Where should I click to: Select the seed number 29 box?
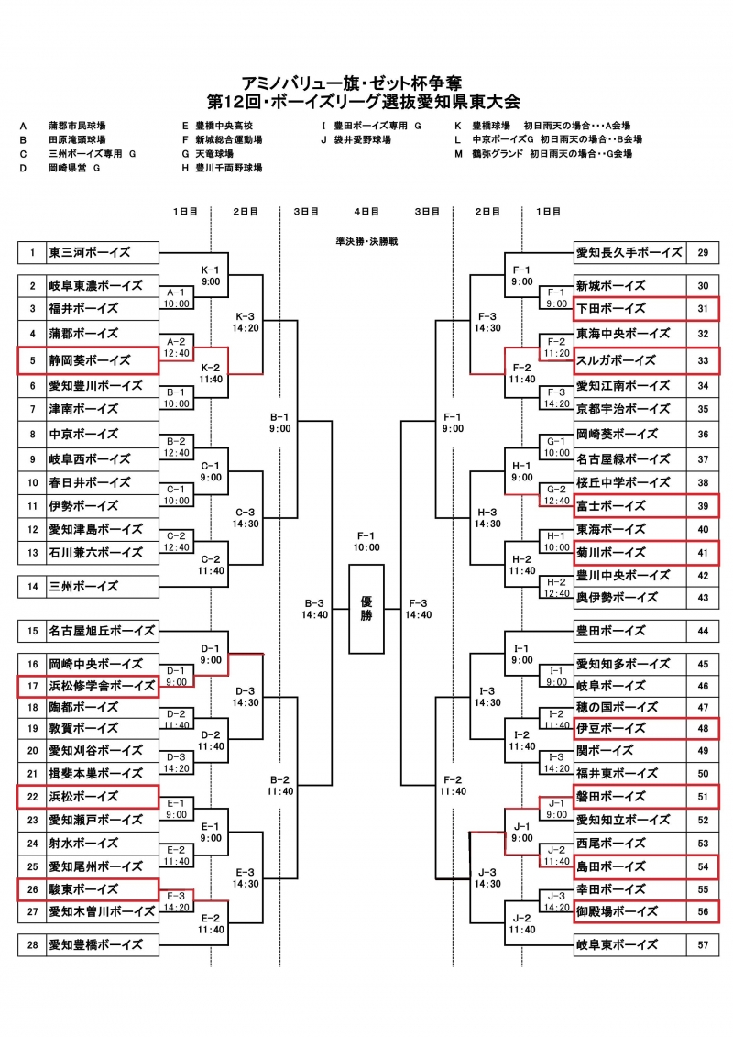point(703,252)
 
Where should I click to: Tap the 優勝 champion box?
point(366,608)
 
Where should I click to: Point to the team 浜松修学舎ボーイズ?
point(102,685)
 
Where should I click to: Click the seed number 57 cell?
point(703,943)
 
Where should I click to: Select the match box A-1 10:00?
point(177,297)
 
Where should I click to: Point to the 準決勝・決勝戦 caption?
point(366,240)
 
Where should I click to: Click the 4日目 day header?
point(366,211)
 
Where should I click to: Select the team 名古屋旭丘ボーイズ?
point(102,631)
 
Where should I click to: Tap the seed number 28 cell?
point(32,943)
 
